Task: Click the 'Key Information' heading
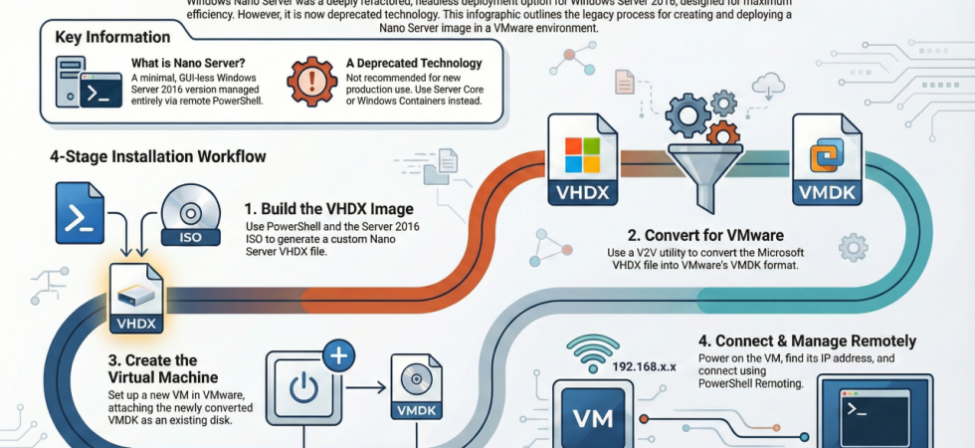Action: pyautogui.click(x=112, y=37)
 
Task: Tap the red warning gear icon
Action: pyautogui.click(x=310, y=83)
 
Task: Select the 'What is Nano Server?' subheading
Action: pyautogui.click(x=188, y=64)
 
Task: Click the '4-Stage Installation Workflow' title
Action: pyautogui.click(x=157, y=156)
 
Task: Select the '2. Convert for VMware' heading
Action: pyautogui.click(x=705, y=236)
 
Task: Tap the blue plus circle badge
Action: pyautogui.click(x=339, y=356)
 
